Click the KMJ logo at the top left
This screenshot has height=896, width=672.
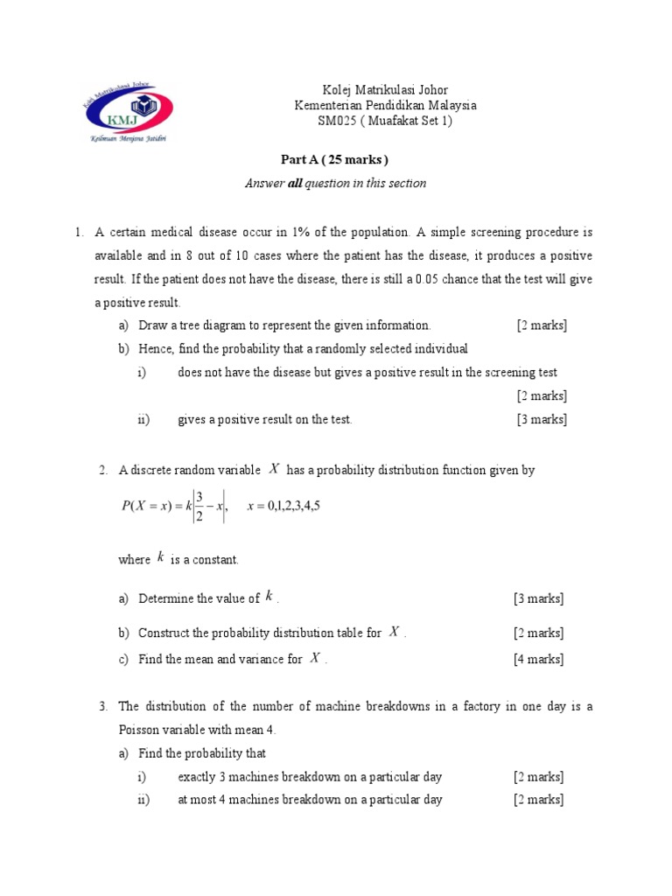point(127,111)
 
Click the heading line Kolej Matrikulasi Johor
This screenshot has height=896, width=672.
point(385,89)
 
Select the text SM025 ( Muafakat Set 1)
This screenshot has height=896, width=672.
point(385,121)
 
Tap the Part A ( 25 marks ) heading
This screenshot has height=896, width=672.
point(334,159)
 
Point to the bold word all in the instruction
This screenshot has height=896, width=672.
point(295,183)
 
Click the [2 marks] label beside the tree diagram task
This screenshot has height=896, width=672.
point(541,325)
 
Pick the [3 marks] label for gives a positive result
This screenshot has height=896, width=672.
point(541,419)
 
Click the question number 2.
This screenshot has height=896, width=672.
point(103,471)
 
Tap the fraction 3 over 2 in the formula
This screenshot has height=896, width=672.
point(199,506)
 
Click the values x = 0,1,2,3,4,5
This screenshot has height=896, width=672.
point(284,506)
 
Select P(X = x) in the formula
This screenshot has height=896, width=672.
point(147,506)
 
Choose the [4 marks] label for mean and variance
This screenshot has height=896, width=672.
point(538,659)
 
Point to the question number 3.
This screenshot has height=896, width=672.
point(103,706)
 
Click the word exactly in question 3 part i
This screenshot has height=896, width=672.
point(198,776)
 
